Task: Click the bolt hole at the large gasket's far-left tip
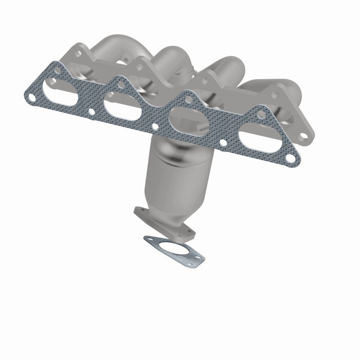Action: point(31,97)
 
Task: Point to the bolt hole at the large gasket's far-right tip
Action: point(291,158)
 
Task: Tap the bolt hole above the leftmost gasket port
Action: point(57,70)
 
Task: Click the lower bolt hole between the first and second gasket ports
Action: point(92,111)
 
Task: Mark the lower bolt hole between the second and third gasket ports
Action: point(155,125)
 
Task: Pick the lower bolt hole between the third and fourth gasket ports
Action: point(224,141)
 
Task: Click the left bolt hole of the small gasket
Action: point(150,239)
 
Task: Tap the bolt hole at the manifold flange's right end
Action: point(304,135)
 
